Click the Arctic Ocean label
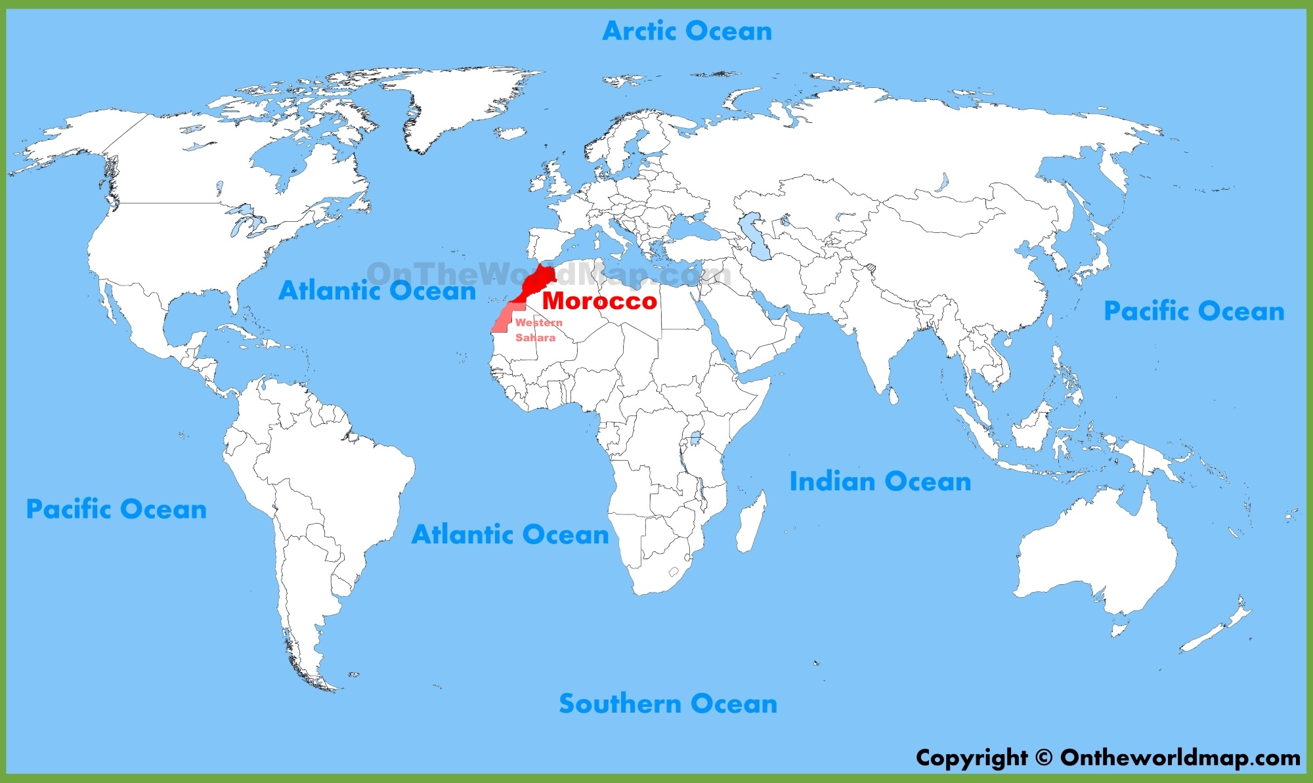pos(687,31)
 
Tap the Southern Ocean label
pos(668,704)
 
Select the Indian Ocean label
pos(880,482)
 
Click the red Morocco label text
pos(599,301)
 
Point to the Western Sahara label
pos(538,330)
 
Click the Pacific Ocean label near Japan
pos(1194,311)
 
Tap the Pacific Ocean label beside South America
pos(116,509)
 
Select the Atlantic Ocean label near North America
pos(377,291)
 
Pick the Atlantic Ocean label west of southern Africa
pos(510,535)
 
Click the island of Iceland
pos(510,133)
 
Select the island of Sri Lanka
pos(893,396)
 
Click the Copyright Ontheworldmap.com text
pos(1108,757)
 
